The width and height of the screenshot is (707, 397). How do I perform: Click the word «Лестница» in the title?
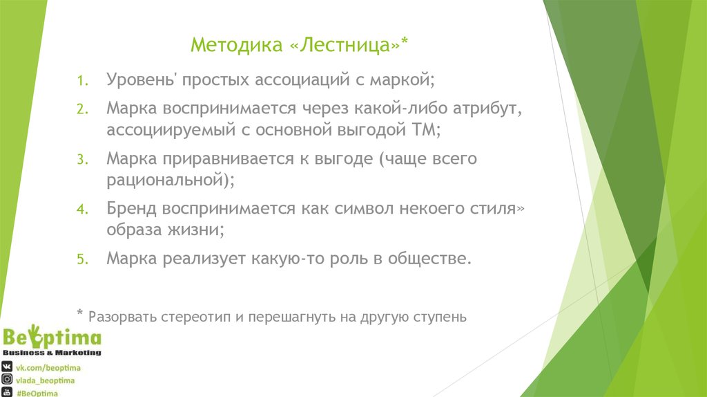pyautogui.click(x=345, y=46)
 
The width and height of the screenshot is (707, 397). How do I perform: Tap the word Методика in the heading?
pyautogui.click(x=236, y=46)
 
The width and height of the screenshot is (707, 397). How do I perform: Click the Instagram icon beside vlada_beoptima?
pyautogui.click(x=7, y=380)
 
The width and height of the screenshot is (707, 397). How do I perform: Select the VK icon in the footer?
pyautogui.click(x=7, y=367)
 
